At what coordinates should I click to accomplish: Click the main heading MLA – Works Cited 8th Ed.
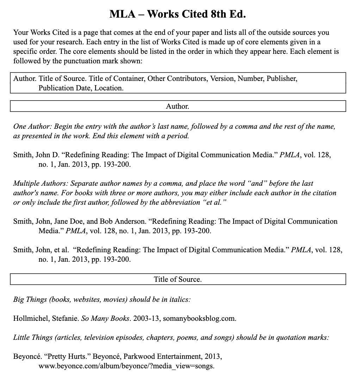178,14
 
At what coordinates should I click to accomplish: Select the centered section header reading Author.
178,106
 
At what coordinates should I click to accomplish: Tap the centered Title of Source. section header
178,280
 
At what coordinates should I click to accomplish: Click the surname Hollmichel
31,319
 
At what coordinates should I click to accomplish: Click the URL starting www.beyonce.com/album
126,366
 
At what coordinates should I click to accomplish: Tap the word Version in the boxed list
222,78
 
